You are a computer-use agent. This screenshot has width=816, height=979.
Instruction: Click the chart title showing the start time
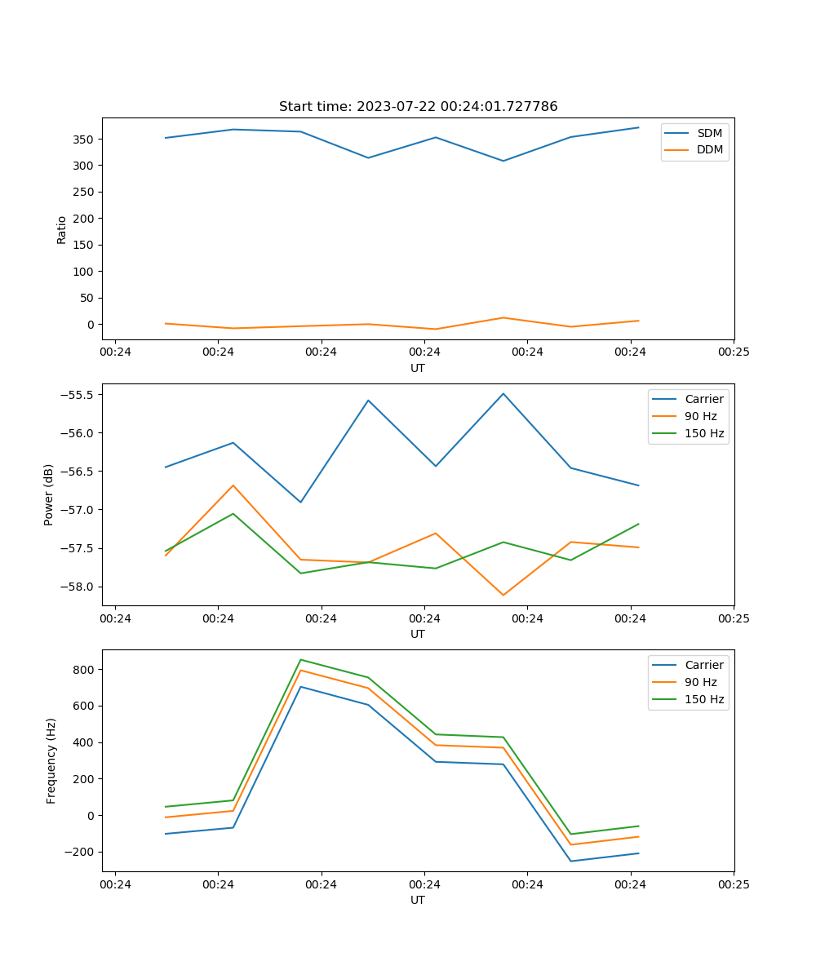tap(418, 107)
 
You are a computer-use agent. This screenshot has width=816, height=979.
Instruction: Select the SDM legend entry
tap(709, 133)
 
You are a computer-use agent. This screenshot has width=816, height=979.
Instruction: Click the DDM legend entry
tap(709, 149)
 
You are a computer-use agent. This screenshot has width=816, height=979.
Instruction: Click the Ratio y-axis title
tap(62, 229)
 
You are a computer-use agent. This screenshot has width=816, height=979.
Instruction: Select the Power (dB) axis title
tap(49, 494)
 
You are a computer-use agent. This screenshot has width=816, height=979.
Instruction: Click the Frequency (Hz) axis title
tap(51, 760)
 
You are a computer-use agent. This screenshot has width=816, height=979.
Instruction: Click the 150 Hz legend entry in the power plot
tap(703, 433)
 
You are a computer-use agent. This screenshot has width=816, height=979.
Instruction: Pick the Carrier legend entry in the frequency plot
tap(703, 665)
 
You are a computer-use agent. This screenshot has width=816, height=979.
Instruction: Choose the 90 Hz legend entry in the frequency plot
tap(700, 682)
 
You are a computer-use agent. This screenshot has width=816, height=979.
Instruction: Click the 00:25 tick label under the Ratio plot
tap(733, 352)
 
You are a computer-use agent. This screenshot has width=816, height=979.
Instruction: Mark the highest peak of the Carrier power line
tap(503, 393)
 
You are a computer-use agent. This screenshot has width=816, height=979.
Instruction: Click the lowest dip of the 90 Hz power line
tap(503, 595)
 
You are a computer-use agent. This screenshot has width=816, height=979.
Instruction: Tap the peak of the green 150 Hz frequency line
tap(301, 659)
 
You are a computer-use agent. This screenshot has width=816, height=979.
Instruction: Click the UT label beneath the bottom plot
tap(418, 900)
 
